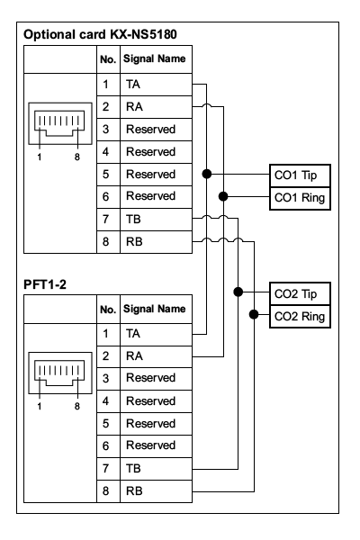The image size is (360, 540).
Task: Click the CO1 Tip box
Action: coord(300,175)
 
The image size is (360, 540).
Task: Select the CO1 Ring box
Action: coord(300,198)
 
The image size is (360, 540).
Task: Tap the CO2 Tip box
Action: coord(300,293)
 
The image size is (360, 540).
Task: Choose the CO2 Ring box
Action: coord(300,317)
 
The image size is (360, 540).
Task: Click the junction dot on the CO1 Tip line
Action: coord(207,174)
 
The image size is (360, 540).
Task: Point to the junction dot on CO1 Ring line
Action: coord(223,196)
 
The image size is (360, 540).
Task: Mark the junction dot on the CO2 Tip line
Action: coord(238,292)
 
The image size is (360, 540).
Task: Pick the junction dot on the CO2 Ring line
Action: coord(254,314)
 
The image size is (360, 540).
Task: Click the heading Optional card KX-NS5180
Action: coord(100,34)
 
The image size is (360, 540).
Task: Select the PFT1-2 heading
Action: coord(45,284)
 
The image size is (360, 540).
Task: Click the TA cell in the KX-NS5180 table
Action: coord(156,85)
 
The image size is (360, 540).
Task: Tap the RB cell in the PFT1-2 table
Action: coord(156,491)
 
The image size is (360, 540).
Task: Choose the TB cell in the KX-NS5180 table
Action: coord(156,220)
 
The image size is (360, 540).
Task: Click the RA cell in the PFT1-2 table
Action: coord(156,356)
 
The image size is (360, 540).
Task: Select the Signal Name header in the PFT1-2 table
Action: coord(154,309)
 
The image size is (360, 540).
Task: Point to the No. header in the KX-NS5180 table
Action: coord(108,59)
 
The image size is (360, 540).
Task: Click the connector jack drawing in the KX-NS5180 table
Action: coord(60,123)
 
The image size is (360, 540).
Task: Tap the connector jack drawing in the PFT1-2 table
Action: coord(60,373)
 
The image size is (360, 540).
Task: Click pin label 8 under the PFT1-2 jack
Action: coord(77,407)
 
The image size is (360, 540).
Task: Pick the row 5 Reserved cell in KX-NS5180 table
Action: coord(156,175)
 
